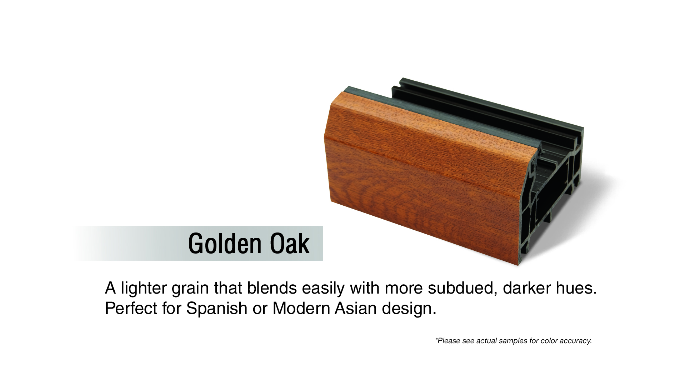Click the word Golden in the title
(x=224, y=244)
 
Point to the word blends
(x=272, y=288)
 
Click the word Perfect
(x=131, y=308)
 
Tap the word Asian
(x=356, y=308)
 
